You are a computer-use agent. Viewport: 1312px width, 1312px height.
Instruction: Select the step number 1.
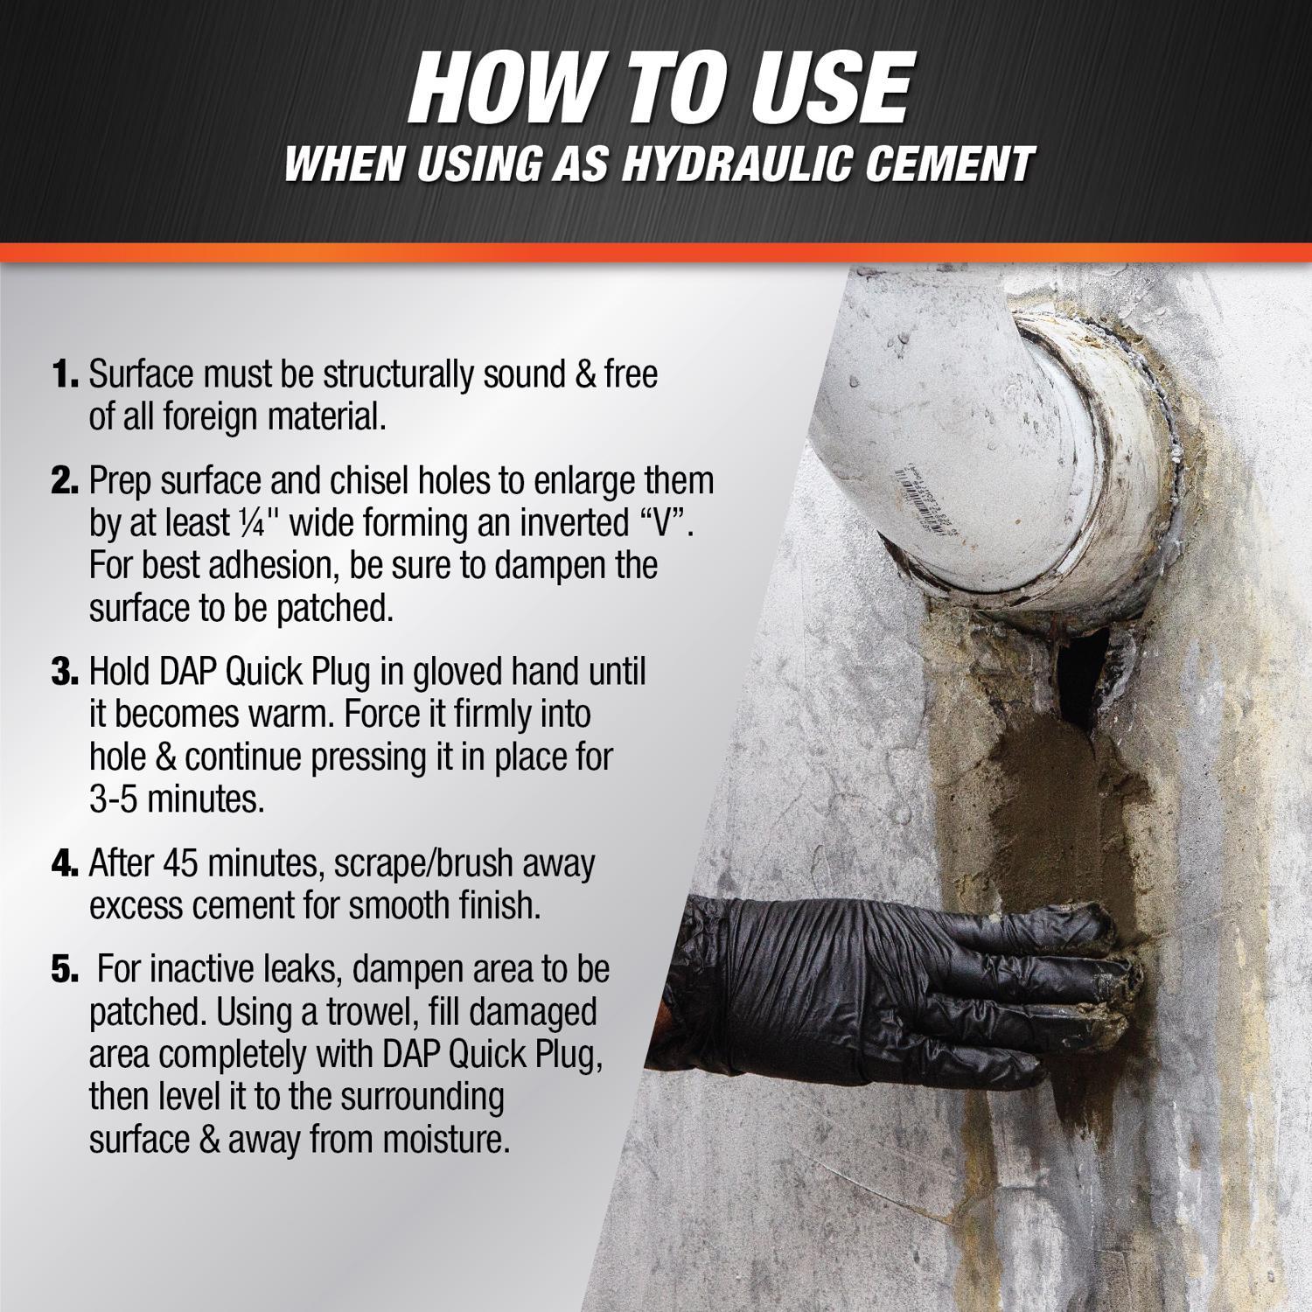(x=65, y=375)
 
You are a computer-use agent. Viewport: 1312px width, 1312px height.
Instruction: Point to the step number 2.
(x=65, y=481)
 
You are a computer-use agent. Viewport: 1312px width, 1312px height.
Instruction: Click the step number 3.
(x=65, y=673)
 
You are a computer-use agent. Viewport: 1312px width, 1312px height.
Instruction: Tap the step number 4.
(x=65, y=864)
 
